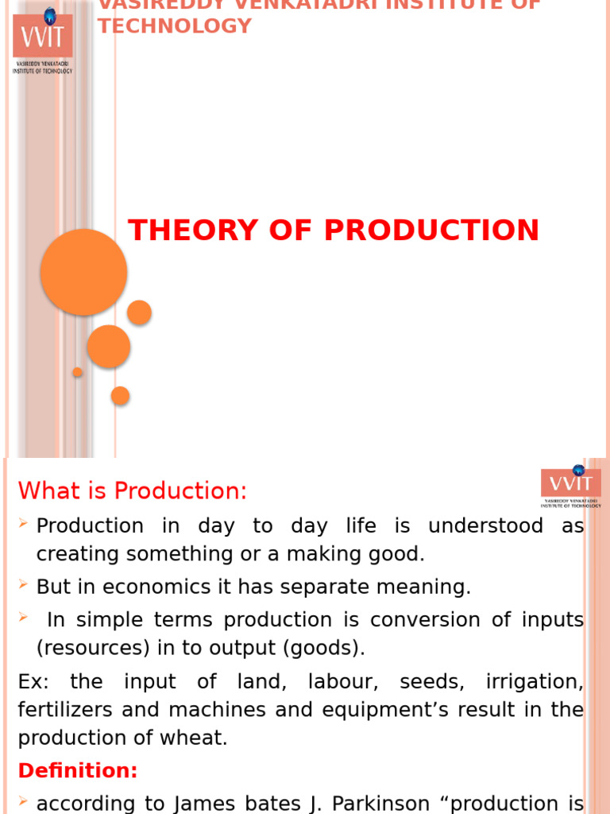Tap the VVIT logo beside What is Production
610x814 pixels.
coord(570,485)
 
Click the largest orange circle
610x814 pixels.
coord(83,272)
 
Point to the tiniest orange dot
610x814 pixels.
coord(77,372)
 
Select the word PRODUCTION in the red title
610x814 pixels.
coord(431,231)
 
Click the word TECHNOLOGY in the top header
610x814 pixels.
coord(175,25)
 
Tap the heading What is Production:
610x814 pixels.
coord(133,491)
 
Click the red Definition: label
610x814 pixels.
coord(78,770)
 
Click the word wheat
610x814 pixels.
coord(198,738)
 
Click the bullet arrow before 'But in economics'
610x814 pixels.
coord(24,585)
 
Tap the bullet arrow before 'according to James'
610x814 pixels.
coord(24,801)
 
